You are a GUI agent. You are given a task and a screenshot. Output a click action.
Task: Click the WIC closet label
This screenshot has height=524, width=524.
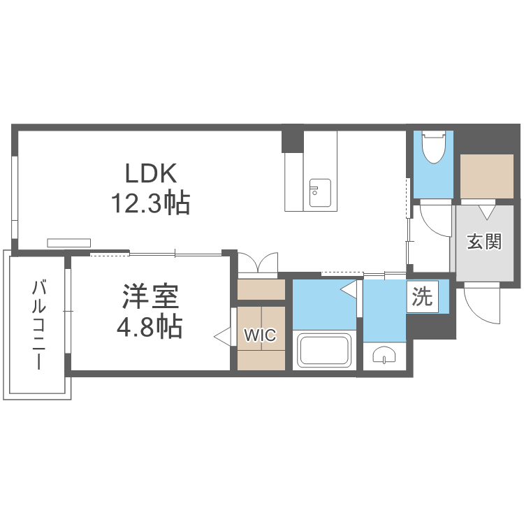click(259, 335)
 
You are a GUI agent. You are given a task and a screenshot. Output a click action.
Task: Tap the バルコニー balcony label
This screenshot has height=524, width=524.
click(40, 326)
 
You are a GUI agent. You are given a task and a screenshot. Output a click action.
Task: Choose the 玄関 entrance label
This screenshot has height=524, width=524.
click(484, 242)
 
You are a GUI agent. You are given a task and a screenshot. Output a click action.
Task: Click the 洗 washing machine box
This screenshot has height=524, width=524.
click(421, 298)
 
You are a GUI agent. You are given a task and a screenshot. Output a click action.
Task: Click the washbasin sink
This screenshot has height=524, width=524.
click(384, 356)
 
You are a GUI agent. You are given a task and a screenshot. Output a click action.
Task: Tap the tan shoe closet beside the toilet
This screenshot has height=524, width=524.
click(487, 175)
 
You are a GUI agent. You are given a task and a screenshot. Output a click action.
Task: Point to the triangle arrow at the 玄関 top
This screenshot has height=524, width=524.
click(487, 208)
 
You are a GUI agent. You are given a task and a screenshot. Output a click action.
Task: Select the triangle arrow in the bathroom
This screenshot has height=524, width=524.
click(348, 288)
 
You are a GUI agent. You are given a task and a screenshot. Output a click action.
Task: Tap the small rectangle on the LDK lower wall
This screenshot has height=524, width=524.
click(69, 242)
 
